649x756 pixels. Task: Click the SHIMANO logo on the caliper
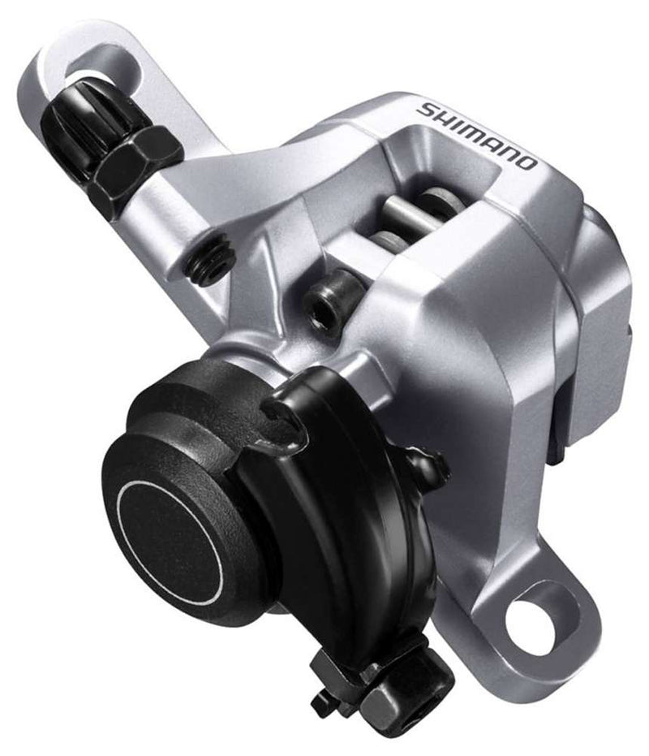477,135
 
